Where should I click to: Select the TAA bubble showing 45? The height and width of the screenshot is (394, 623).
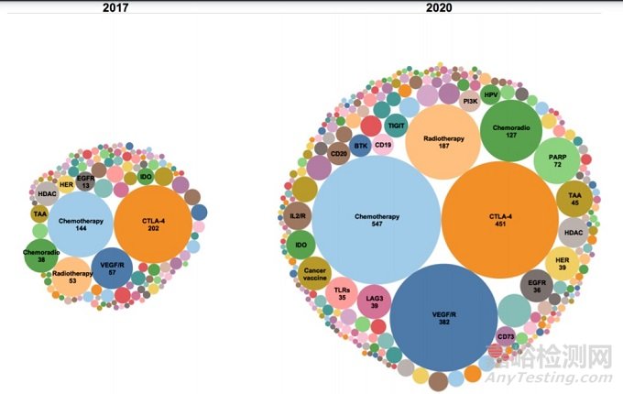(574, 198)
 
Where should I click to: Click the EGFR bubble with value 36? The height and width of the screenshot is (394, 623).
(537, 286)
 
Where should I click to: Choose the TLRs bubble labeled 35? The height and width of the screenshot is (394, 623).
(342, 292)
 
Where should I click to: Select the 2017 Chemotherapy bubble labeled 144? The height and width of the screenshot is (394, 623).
(80, 224)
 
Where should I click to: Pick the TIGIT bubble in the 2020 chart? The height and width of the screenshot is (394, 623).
(396, 125)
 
